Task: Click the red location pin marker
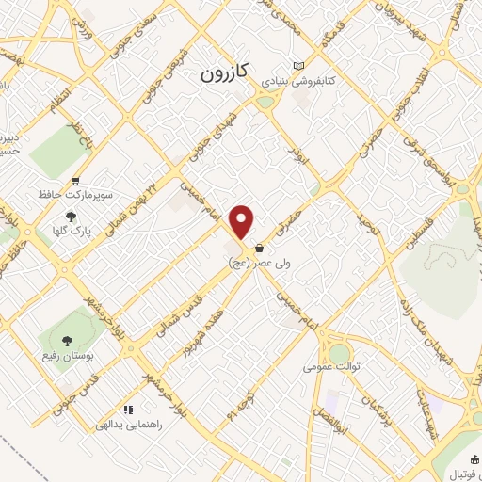[x=243, y=222]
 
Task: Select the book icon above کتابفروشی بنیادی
[x=298, y=65]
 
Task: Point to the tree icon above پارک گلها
[x=71, y=216]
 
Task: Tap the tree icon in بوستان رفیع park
[x=66, y=342]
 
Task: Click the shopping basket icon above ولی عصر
[x=259, y=249]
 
